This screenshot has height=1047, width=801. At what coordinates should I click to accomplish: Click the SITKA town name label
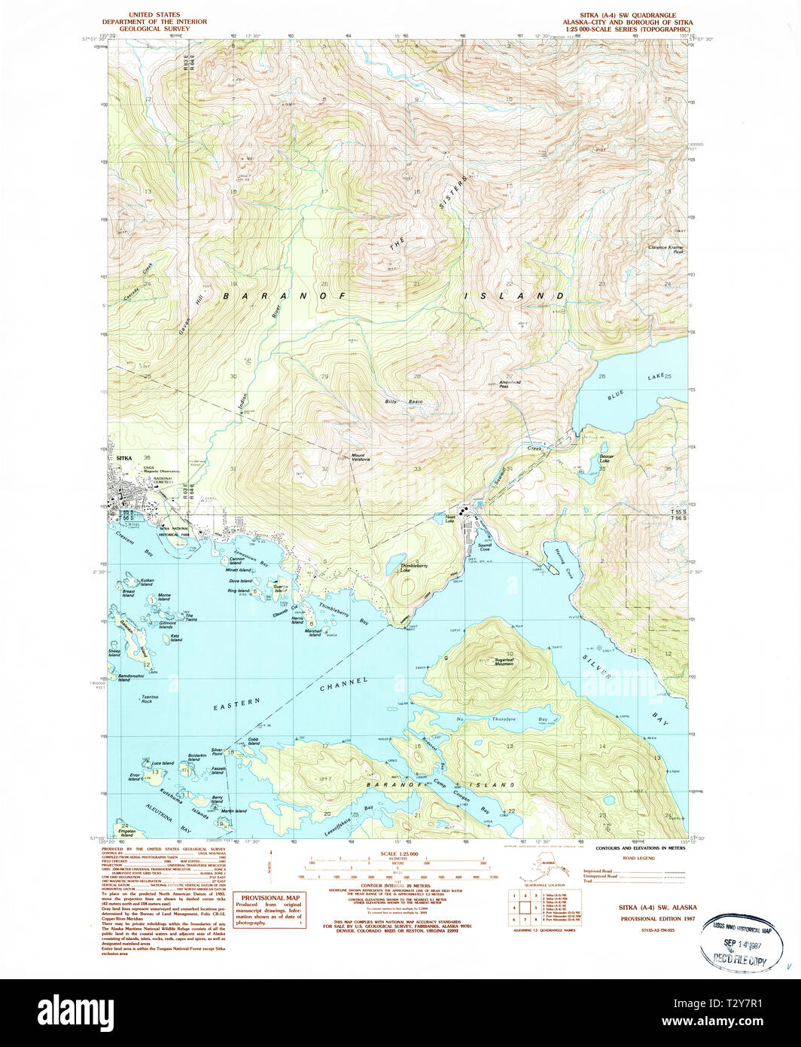(123, 456)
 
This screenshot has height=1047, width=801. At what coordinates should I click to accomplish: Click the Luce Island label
(163, 763)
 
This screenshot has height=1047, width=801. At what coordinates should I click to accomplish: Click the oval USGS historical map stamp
(736, 941)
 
